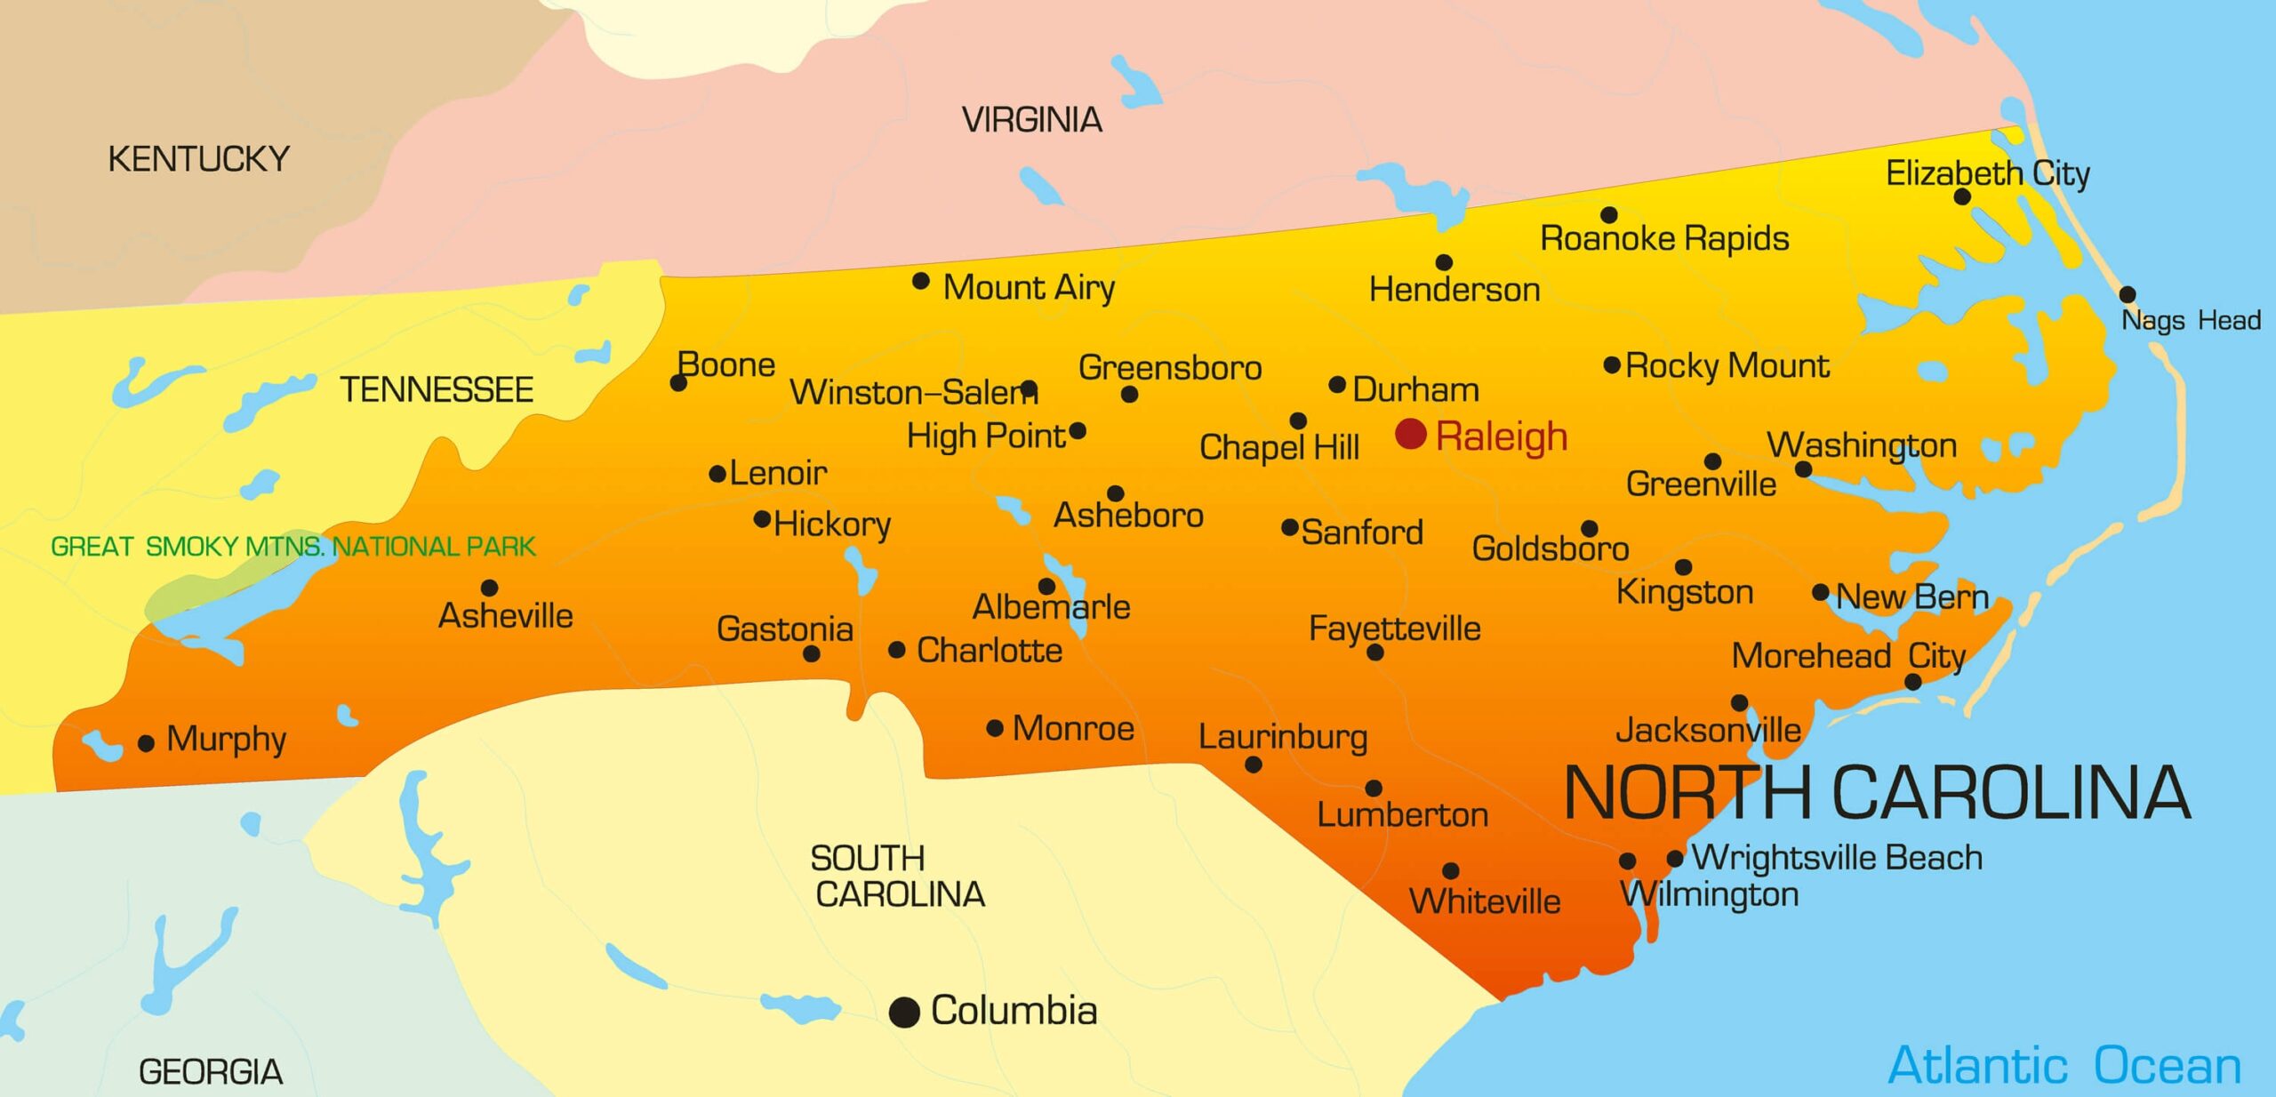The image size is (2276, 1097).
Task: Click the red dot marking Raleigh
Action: (x=1410, y=434)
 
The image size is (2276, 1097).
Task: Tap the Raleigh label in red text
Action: (x=1501, y=437)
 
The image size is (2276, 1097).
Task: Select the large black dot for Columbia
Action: (x=904, y=1012)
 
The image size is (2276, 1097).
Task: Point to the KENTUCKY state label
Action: (x=198, y=159)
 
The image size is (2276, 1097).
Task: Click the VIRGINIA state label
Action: (x=1031, y=120)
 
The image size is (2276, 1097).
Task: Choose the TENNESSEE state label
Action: (x=437, y=389)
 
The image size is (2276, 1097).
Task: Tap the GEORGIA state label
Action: (x=211, y=1072)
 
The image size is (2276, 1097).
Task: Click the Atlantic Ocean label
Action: (x=2064, y=1065)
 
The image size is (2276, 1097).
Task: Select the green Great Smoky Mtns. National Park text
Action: (x=293, y=546)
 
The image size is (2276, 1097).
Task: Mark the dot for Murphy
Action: (x=147, y=743)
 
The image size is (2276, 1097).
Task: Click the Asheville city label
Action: (x=505, y=615)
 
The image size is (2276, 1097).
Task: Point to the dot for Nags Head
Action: (x=2128, y=294)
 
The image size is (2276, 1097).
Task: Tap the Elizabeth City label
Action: (x=1987, y=173)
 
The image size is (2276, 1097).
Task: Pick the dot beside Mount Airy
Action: (x=921, y=282)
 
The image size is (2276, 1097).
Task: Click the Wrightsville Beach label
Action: (x=1836, y=857)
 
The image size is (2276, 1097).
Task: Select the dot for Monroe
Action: (x=995, y=729)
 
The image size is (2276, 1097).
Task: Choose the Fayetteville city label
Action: (x=1394, y=629)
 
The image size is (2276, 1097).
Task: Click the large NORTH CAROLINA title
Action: (x=1876, y=792)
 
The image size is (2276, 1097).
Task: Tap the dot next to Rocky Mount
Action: (x=1612, y=364)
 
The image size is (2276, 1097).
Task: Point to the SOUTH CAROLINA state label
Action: (x=898, y=877)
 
